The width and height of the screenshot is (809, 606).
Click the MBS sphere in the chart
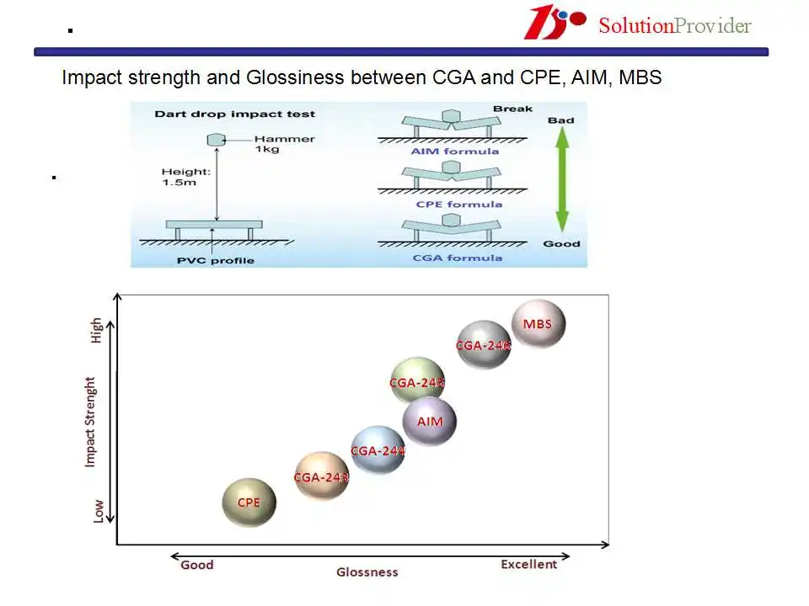538,324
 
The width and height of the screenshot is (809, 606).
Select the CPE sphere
249,502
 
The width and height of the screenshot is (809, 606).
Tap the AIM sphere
429,422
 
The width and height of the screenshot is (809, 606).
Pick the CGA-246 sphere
484,345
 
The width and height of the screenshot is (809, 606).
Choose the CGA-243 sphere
321,476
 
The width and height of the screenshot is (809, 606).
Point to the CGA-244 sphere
378,450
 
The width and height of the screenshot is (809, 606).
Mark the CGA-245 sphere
417,382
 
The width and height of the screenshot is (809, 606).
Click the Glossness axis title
367,572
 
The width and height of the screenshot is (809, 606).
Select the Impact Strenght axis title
90,422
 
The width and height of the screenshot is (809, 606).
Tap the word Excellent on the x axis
529,564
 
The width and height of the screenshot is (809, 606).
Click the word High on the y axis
96,330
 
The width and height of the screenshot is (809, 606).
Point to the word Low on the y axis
98,511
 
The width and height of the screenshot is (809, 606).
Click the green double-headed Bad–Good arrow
562,179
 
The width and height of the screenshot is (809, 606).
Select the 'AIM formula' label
455,151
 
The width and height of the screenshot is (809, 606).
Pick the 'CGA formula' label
457,258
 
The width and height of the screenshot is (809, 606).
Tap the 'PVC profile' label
216,260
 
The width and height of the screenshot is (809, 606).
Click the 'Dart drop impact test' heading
235,114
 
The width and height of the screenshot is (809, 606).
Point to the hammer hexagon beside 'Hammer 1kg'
217,140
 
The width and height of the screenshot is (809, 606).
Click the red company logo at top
555,22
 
